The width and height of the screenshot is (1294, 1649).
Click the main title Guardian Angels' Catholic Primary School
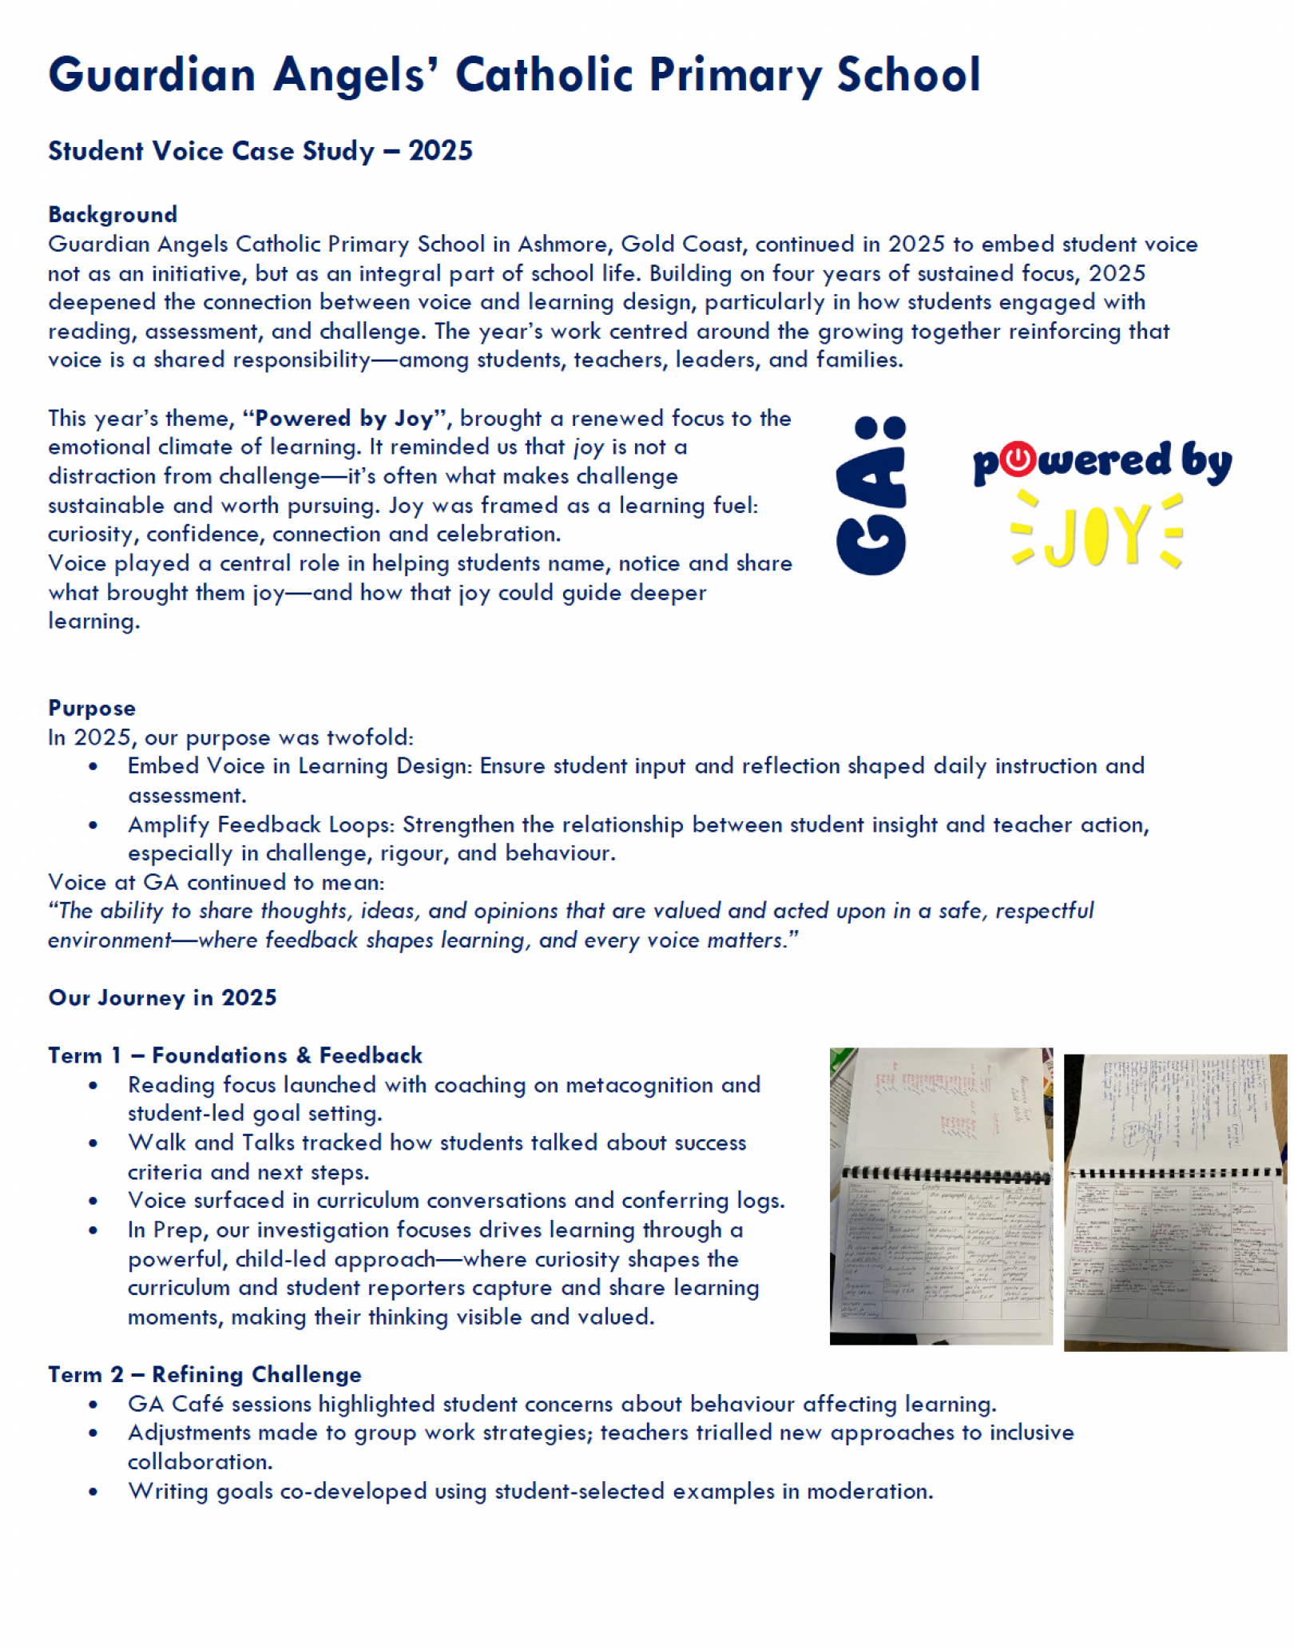click(x=514, y=75)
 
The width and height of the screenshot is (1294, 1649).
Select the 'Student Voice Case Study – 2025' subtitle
click(x=260, y=151)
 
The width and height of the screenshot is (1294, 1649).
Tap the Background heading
click(x=113, y=214)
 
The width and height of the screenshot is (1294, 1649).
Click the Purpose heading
click(x=92, y=708)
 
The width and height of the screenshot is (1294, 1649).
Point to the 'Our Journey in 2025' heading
click(x=162, y=997)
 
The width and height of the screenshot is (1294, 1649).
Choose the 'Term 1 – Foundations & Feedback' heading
click(x=235, y=1055)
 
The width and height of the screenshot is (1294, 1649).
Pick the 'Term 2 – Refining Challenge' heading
click(x=204, y=1374)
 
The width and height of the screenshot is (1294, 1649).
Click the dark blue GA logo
click(x=871, y=495)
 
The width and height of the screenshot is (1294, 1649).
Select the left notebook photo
click(x=941, y=1196)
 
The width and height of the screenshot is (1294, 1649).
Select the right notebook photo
click(x=1175, y=1202)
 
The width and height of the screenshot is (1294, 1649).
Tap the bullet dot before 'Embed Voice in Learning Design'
click(x=93, y=766)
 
